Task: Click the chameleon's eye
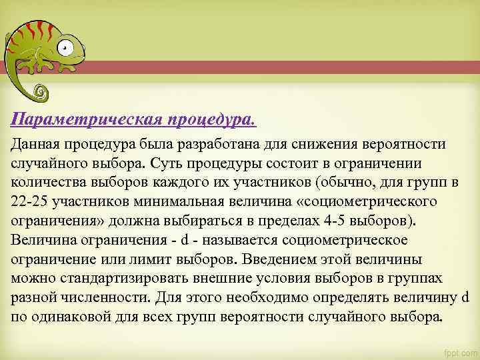click(65, 47)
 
